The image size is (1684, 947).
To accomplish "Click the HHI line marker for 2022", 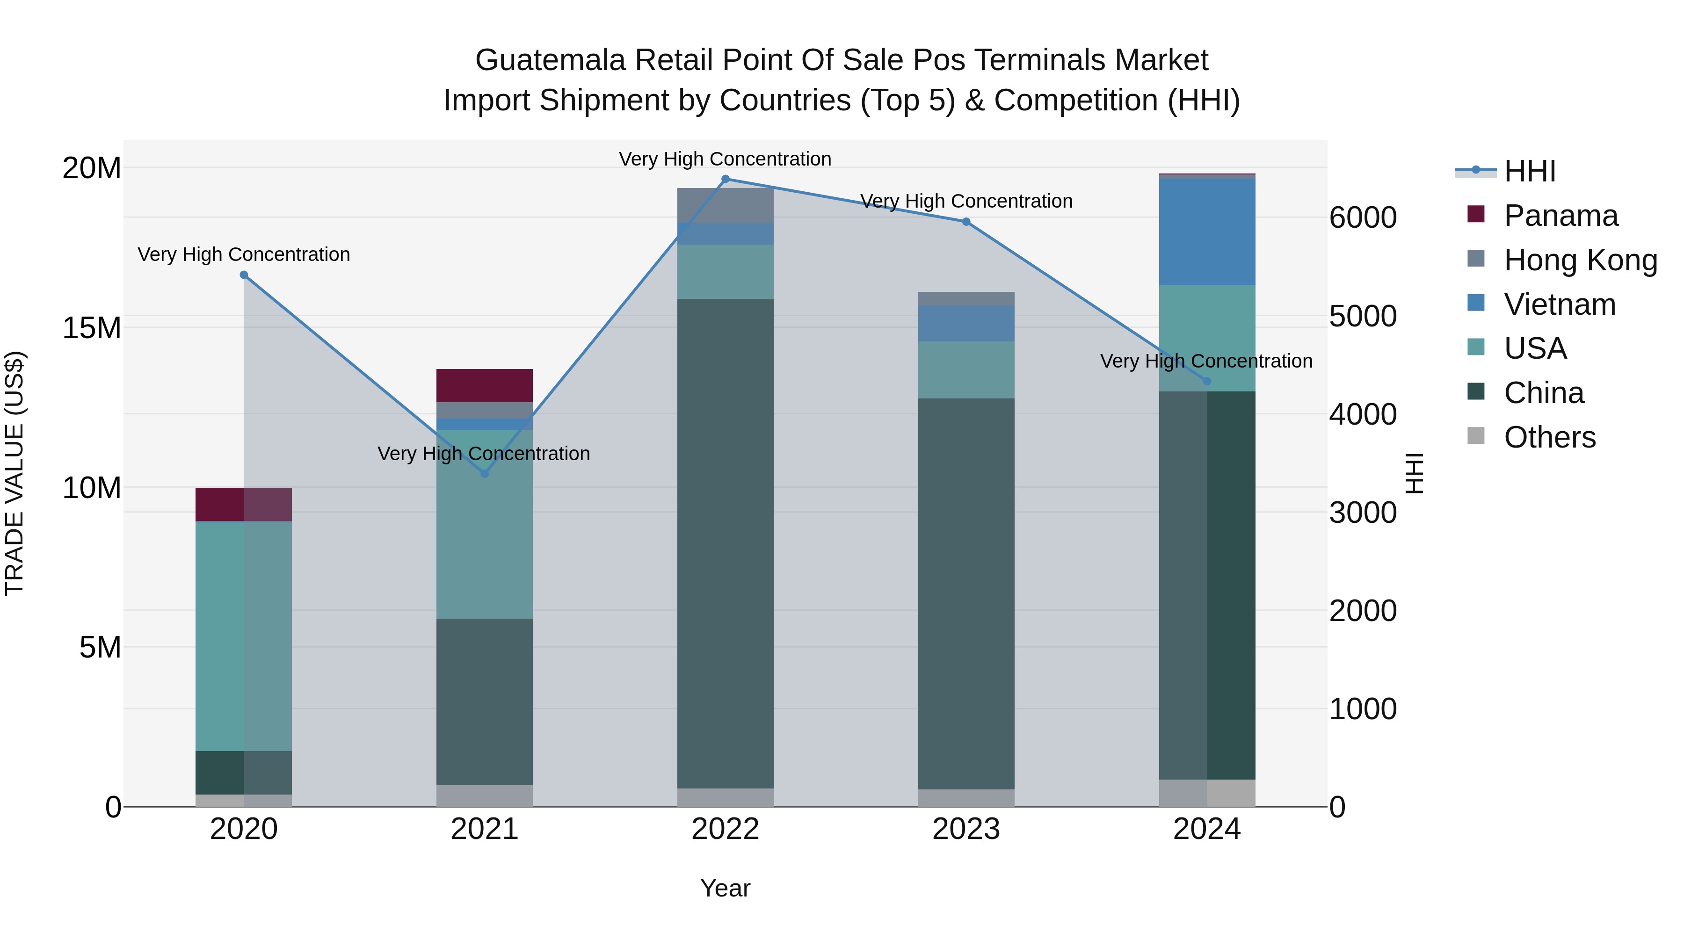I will [x=725, y=179].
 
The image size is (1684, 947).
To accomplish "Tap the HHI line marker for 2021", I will [x=485, y=474].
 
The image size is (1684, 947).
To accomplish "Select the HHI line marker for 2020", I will [x=244, y=275].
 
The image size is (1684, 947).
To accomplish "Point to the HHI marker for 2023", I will [x=966, y=222].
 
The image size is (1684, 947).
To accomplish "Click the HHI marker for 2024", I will [x=1207, y=381].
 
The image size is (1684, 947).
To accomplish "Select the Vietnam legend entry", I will [x=1559, y=304].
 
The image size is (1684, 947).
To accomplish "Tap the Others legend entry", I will [x=1549, y=437].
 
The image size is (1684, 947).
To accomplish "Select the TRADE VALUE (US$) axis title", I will [x=15, y=473].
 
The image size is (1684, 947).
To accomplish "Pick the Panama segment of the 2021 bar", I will [x=485, y=386].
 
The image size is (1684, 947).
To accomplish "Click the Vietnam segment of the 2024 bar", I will [x=1207, y=232].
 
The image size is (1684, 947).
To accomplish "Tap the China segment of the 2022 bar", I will [x=725, y=542].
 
